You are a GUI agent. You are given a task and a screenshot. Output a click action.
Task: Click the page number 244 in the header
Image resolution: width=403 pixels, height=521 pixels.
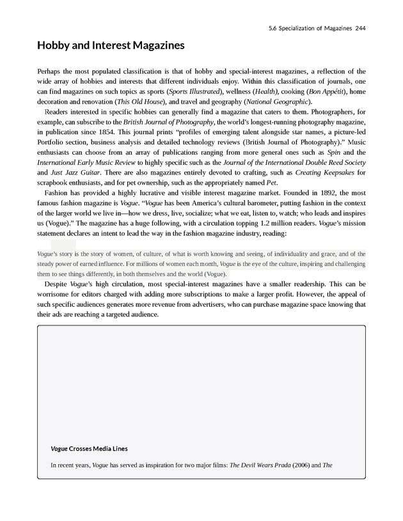pos(360,29)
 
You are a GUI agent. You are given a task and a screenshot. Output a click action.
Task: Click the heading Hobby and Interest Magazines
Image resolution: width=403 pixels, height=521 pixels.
pos(111,46)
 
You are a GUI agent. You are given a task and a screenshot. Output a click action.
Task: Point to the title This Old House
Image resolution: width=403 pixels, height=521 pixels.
pos(139,102)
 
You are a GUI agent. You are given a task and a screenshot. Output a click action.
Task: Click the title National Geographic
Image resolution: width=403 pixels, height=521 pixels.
pos(280,102)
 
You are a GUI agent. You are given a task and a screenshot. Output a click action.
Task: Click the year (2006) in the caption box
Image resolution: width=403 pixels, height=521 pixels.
pos(304,465)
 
